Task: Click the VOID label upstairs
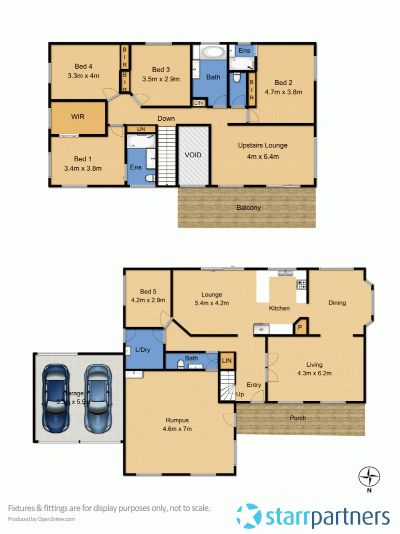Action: coord(193,155)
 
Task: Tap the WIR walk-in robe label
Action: coord(78,117)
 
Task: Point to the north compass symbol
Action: coord(369,476)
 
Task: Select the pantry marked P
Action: coord(300,328)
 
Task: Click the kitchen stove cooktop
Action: coord(301,285)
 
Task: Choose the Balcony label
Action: coord(248,207)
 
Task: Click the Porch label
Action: coord(298,418)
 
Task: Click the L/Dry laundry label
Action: coord(143,349)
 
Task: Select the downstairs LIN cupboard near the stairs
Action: coord(227,360)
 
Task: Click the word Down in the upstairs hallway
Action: coord(166,118)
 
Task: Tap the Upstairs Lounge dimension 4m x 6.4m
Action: coord(262,157)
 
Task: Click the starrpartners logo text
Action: coord(327,516)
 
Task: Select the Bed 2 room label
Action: coord(283,83)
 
